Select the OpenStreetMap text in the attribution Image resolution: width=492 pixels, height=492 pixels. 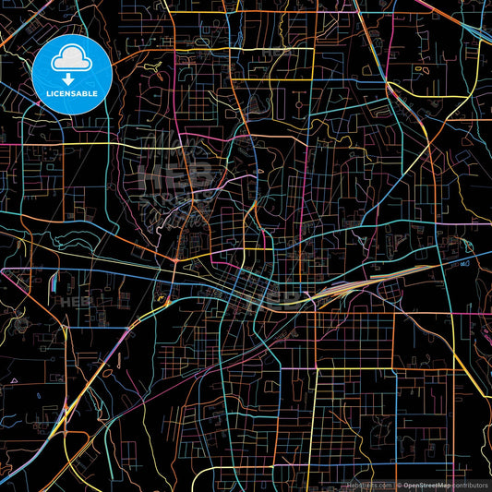(426, 485)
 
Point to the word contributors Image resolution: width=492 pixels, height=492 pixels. (470, 485)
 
